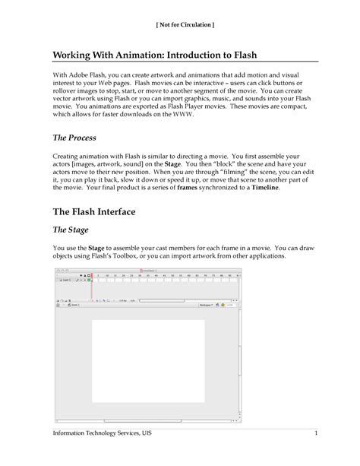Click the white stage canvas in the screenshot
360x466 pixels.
(147, 360)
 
